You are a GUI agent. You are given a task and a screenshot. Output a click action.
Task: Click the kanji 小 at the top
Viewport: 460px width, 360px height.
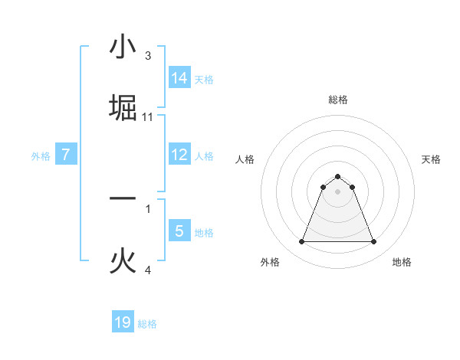click(123, 47)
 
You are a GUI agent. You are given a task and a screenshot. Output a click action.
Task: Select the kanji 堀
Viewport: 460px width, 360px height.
click(123, 108)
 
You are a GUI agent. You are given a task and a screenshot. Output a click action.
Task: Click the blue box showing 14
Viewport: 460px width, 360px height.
click(179, 77)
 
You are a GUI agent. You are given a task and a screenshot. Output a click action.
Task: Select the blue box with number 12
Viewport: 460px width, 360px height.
click(179, 154)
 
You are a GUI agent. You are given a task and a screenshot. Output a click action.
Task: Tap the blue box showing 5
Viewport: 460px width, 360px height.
click(179, 231)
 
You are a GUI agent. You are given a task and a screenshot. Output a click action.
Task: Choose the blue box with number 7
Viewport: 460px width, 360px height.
click(66, 154)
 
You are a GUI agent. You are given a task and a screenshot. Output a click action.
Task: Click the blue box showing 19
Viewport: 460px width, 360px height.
click(123, 322)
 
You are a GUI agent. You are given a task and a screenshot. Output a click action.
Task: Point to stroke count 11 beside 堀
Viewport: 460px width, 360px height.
click(148, 117)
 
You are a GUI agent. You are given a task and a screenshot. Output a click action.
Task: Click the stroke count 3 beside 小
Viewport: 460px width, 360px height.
click(148, 56)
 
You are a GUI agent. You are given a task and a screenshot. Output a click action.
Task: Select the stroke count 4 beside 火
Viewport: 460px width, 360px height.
click(148, 270)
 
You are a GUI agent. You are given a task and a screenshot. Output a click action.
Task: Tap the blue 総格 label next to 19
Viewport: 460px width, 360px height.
click(147, 324)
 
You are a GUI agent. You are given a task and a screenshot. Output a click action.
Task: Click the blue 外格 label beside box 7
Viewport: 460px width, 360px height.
click(41, 156)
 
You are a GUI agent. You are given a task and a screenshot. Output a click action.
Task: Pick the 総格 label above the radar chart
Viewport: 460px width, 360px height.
click(337, 100)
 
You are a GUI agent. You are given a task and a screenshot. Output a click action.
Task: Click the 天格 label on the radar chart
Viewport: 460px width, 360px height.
click(432, 159)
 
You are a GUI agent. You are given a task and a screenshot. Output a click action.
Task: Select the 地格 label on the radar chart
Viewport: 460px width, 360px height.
click(402, 262)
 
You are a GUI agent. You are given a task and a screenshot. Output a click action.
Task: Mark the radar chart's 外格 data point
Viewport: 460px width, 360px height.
click(301, 242)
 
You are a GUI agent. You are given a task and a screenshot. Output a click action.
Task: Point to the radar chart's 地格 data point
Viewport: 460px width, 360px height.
click(373, 242)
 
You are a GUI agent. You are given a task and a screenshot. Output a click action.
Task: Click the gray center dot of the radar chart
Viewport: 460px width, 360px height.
click(337, 191)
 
